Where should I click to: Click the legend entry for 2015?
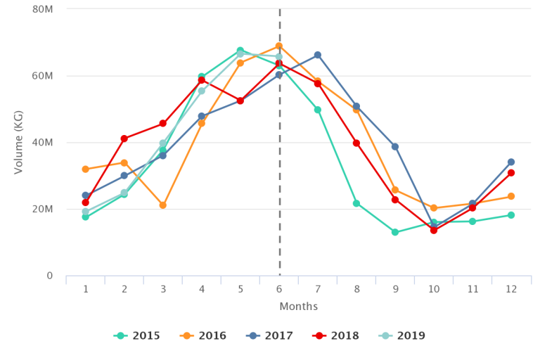click(x=137, y=336)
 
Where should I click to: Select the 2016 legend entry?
click(x=203, y=336)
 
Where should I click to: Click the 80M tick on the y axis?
click(x=43, y=9)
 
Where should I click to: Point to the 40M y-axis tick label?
click(x=43, y=143)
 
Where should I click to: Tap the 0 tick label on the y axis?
click(x=49, y=276)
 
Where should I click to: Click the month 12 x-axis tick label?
click(x=511, y=289)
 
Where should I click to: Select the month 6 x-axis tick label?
click(x=279, y=289)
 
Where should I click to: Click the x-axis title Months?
click(x=299, y=307)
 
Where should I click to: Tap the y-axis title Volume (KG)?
click(x=19, y=143)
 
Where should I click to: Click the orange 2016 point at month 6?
click(x=279, y=46)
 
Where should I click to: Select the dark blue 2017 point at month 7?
click(x=318, y=55)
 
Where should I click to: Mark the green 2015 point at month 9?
click(x=395, y=232)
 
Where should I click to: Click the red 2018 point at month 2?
click(x=124, y=139)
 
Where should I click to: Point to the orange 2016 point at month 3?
click(x=163, y=205)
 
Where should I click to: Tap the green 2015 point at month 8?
click(x=356, y=203)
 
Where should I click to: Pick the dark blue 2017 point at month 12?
click(x=511, y=162)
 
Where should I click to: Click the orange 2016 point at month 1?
click(x=86, y=169)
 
